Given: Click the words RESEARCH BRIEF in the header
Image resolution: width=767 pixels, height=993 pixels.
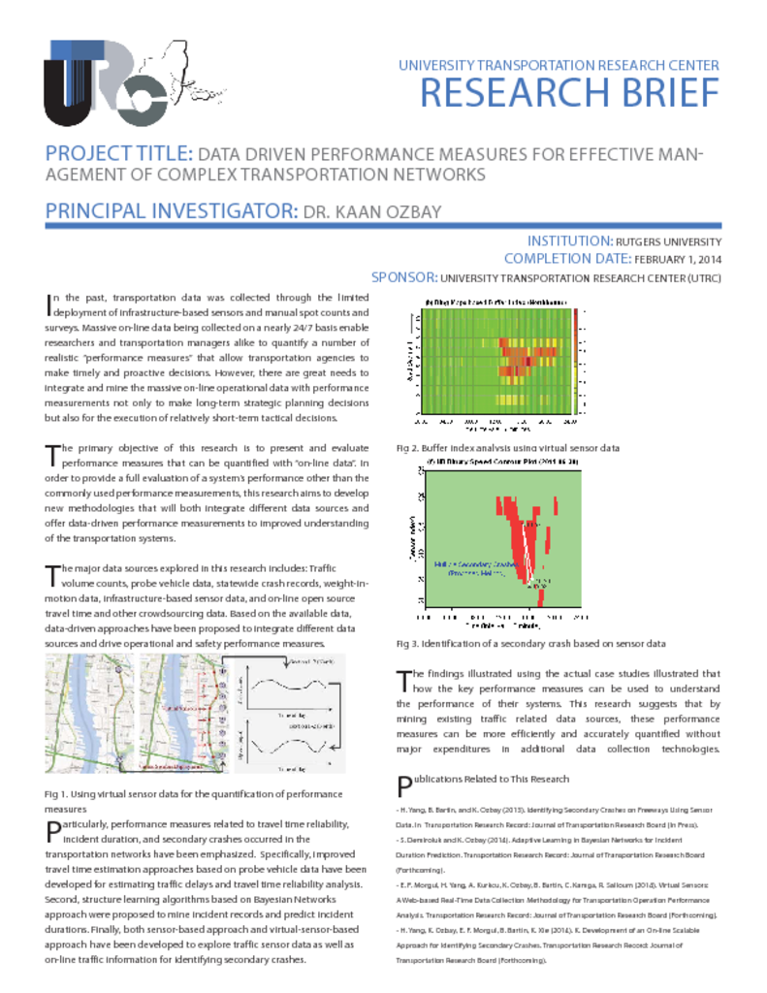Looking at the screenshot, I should pyautogui.click(x=569, y=93).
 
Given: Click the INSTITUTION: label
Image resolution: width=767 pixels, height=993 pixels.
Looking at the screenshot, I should pyautogui.click(x=568, y=241).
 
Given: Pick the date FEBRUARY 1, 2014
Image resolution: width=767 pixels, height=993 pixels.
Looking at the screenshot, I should pyautogui.click(x=677, y=259).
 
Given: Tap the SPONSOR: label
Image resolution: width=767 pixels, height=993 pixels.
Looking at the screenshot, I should pyautogui.click(x=407, y=277).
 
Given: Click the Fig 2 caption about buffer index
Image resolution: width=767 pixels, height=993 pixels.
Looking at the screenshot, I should pyautogui.click(x=507, y=448).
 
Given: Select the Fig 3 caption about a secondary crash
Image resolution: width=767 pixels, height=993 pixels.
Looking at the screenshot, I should pyautogui.click(x=530, y=643).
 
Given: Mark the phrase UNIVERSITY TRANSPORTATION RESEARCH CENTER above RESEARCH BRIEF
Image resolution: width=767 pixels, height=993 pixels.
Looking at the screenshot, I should pyautogui.click(x=559, y=66).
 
